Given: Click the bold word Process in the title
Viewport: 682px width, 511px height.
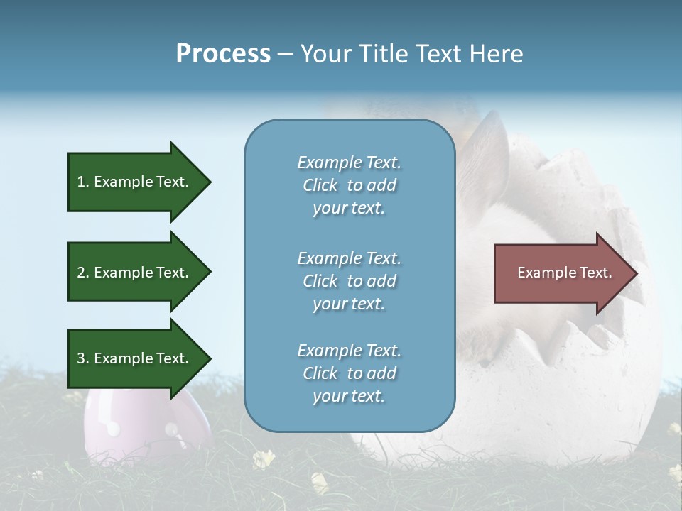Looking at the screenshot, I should click(223, 54).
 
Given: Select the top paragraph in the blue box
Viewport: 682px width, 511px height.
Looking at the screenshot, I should click(349, 185).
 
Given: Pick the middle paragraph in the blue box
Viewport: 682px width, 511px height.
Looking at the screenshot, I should click(349, 281).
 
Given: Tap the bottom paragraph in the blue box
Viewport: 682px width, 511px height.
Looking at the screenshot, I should click(349, 373).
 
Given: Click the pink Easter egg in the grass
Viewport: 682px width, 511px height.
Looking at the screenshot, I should click(135, 426).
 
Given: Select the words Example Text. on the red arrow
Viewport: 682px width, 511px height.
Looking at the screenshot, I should click(564, 273).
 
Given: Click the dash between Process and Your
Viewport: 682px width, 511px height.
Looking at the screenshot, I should click(285, 54).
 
